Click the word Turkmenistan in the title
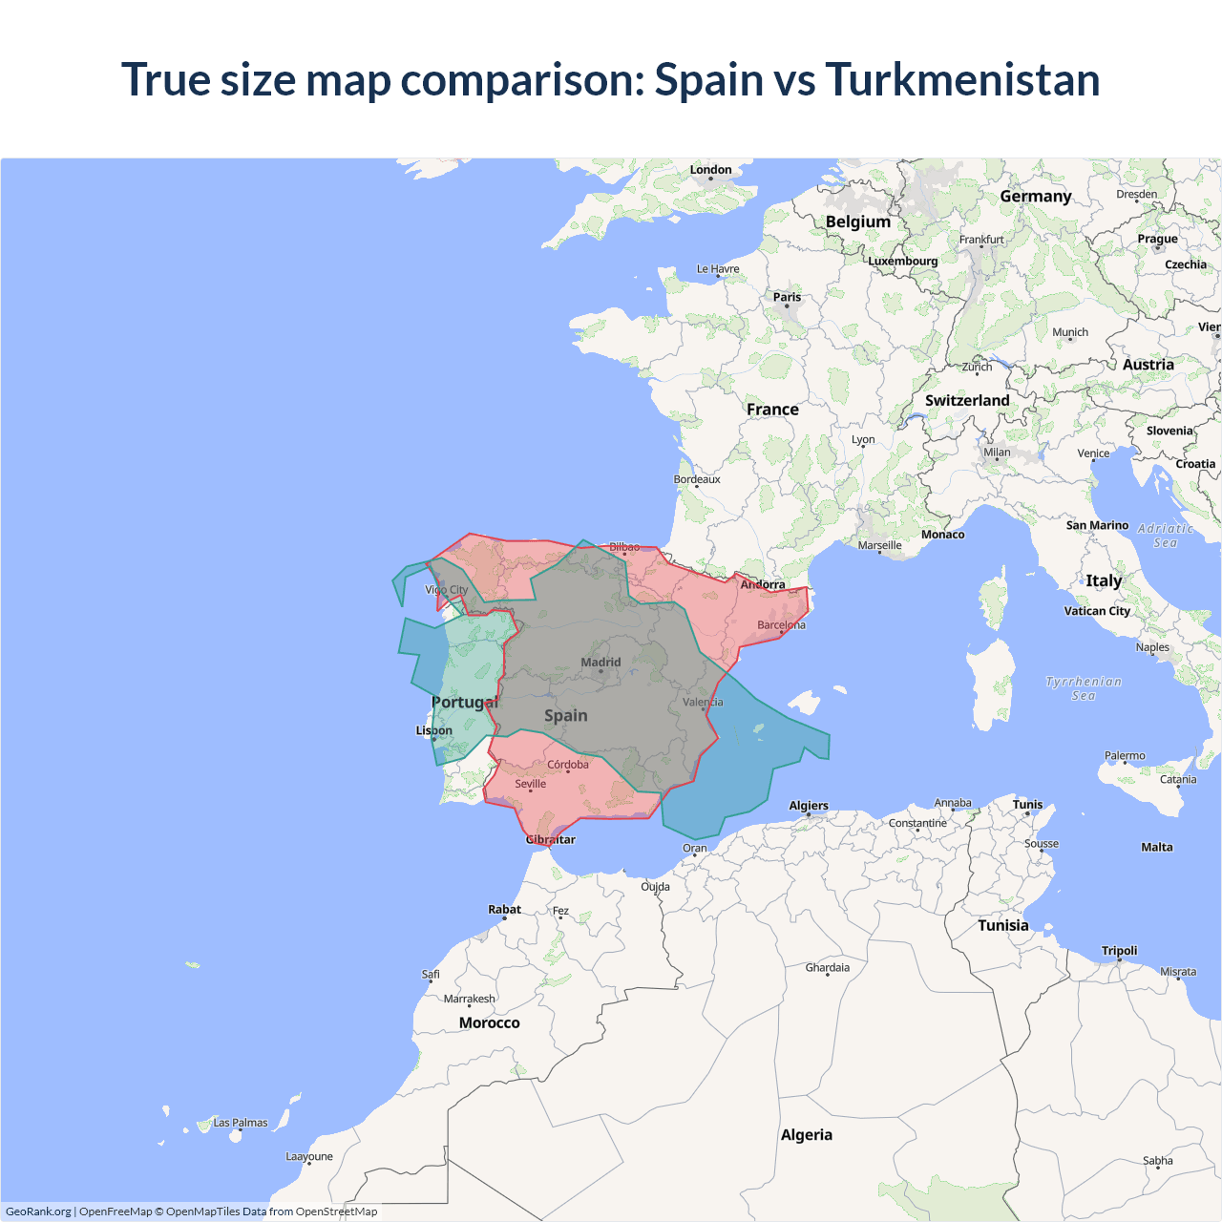tap(962, 79)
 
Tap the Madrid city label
tap(600, 662)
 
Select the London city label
tap(710, 170)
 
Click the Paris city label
tap(787, 297)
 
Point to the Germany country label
tap(1036, 196)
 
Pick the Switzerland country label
tap(967, 400)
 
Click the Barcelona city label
tap(781, 625)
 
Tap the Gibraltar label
tap(551, 839)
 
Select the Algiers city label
tap(809, 806)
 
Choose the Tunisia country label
tap(1002, 925)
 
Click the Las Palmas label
tap(240, 1123)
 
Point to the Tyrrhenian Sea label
tap(1084, 688)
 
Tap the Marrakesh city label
tap(469, 999)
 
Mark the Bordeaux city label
tap(697, 479)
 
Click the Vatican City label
tap(1097, 611)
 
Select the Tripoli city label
tap(1119, 951)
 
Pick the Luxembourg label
tap(902, 261)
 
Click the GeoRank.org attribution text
tap(38, 1211)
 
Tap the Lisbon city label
tap(434, 730)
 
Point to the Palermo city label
tap(1125, 755)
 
